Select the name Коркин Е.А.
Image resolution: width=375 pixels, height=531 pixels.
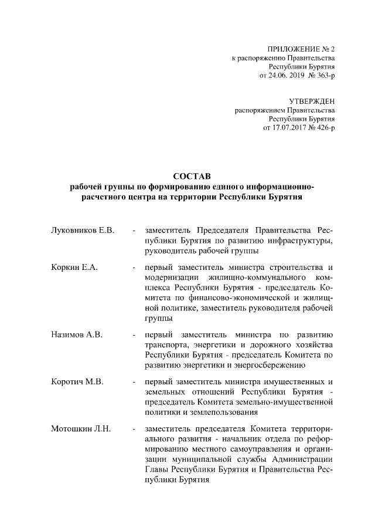coord(74,267)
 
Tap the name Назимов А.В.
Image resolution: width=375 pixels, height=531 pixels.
coord(77,334)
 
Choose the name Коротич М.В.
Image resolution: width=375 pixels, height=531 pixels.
coord(78,382)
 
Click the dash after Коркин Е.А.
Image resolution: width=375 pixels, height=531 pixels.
coord(135,267)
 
